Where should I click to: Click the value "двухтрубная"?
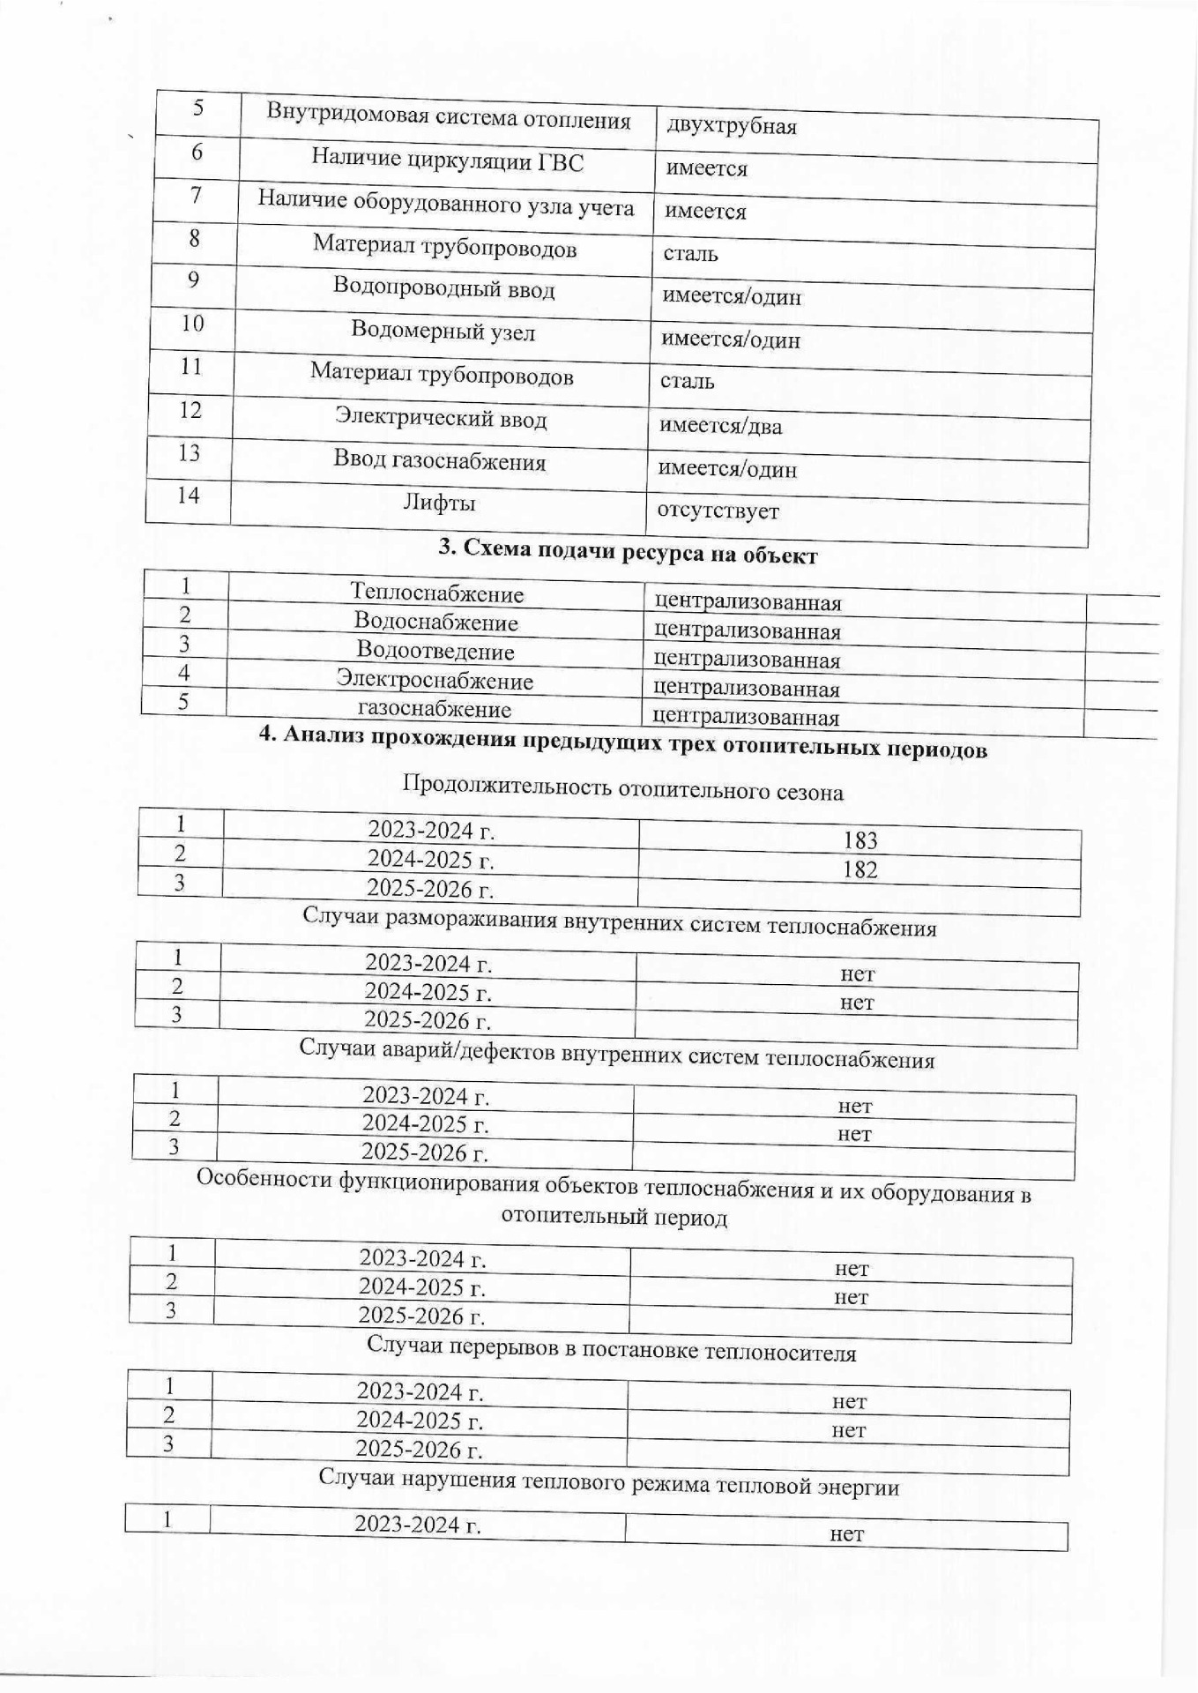(x=731, y=126)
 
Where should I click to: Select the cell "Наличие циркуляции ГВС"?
(x=447, y=160)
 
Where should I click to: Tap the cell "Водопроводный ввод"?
(x=443, y=288)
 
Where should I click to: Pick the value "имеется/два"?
(x=720, y=427)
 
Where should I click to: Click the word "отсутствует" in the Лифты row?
(x=718, y=511)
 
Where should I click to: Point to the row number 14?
(x=189, y=496)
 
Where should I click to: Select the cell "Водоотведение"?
(x=435, y=652)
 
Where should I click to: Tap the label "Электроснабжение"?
(x=435, y=681)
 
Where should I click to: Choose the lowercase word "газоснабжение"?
(x=434, y=709)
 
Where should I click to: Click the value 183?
(x=859, y=840)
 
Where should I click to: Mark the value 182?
(x=859, y=870)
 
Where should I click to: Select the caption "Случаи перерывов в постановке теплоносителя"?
(x=611, y=1351)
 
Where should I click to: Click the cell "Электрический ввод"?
(x=441, y=419)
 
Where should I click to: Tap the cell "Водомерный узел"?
(x=443, y=332)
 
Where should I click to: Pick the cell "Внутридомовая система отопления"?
(x=449, y=117)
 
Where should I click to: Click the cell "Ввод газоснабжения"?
(x=439, y=461)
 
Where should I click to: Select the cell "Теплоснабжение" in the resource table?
(x=436, y=593)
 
